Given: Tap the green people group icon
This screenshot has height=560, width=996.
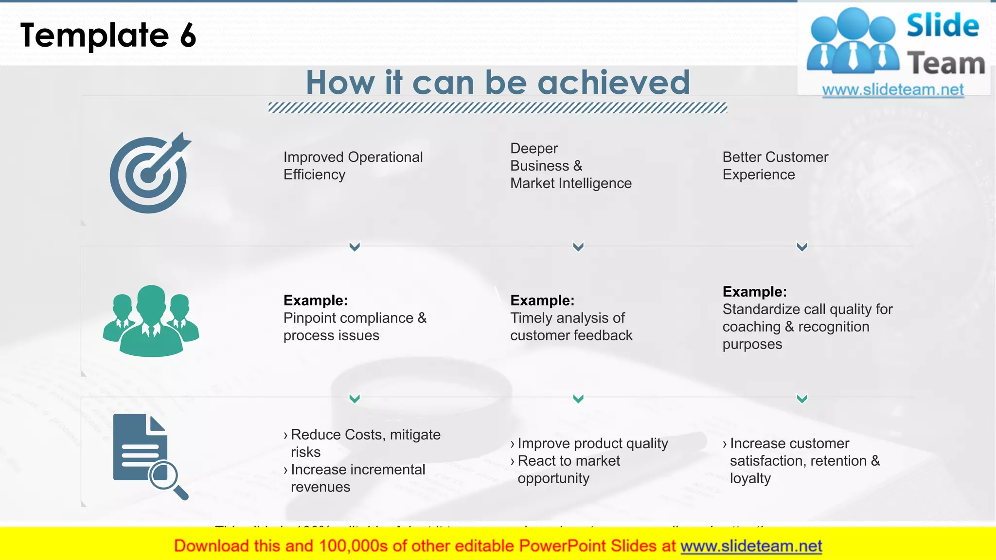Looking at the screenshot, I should coord(151,321).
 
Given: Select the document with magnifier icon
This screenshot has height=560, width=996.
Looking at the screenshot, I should coord(149,456).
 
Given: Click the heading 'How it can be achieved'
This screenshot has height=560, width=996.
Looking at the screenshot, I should coord(498,82).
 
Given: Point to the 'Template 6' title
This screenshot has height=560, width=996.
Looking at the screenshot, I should coord(108,35).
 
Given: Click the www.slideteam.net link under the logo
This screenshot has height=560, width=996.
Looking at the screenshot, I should coord(893,90).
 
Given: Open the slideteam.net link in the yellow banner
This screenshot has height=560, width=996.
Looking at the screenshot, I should coord(751,546).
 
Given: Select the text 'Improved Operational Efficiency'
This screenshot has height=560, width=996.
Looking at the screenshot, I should coord(353,166).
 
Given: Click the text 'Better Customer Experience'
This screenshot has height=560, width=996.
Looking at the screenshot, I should coord(775,166).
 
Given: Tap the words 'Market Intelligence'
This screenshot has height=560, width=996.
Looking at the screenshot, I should coord(571,183).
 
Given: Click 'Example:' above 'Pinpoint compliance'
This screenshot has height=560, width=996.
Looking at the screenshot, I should coord(316,300).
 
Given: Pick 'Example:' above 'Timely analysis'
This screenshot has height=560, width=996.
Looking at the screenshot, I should coord(542,300).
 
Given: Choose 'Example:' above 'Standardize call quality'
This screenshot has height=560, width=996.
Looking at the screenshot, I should coord(754,292).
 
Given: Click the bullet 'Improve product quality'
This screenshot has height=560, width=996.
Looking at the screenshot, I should coord(592,443).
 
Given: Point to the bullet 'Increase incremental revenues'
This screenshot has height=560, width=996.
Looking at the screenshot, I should coord(358,478).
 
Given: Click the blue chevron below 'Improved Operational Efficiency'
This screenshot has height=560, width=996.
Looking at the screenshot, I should coord(355,246).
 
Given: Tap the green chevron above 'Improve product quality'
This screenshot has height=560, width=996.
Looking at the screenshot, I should coord(578,399).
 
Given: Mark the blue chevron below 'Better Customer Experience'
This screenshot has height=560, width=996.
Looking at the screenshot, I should coord(802,246).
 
